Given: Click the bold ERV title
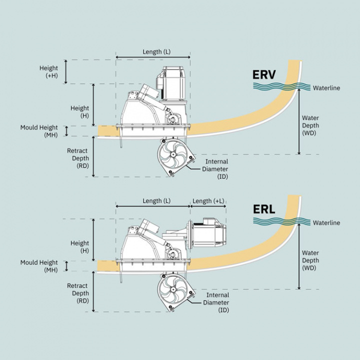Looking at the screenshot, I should pos(264,75).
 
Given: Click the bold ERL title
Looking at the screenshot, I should pos(264,208).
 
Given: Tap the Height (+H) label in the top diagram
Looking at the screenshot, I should pos(49,71).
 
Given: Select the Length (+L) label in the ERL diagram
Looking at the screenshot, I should pos(208,201).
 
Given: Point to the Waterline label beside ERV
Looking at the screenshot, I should pos(326,88).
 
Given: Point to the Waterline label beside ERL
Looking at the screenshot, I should pos(326,222).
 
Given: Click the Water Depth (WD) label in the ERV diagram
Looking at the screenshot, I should pos(310,125).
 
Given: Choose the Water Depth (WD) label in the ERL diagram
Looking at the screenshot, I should pos(310,260).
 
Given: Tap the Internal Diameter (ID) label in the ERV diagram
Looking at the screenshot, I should pos(216,169).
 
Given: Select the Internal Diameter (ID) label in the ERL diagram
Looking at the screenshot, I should pos(216,302).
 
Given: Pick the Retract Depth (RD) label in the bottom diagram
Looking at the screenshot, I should pos(78,293).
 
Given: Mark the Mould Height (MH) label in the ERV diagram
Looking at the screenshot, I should pos(39,131).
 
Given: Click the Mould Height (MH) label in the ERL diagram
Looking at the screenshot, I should pos(39,266).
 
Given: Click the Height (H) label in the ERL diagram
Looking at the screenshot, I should pos(79,246).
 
